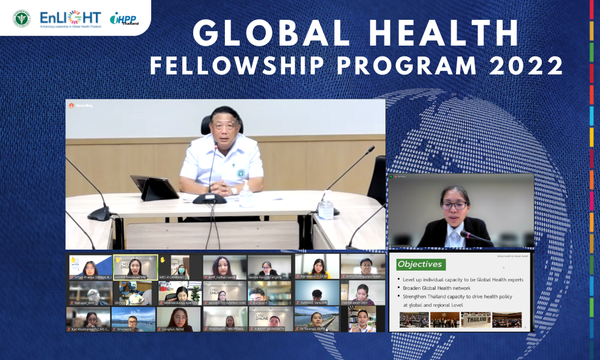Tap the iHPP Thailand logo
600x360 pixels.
coord(124,19)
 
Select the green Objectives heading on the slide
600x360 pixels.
coord(421,264)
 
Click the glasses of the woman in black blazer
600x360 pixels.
coord(454,205)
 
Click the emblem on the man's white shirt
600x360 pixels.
coord(241,173)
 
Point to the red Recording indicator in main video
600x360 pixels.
coord(71,105)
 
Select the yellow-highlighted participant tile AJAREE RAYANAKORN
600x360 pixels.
coord(136,267)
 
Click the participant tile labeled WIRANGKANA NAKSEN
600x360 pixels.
coord(179,293)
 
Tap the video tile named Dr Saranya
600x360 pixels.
coord(317,319)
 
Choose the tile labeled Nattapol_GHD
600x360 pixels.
coord(89,293)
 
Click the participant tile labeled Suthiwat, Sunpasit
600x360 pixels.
coord(317,293)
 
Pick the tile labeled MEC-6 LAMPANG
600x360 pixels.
coord(179,267)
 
